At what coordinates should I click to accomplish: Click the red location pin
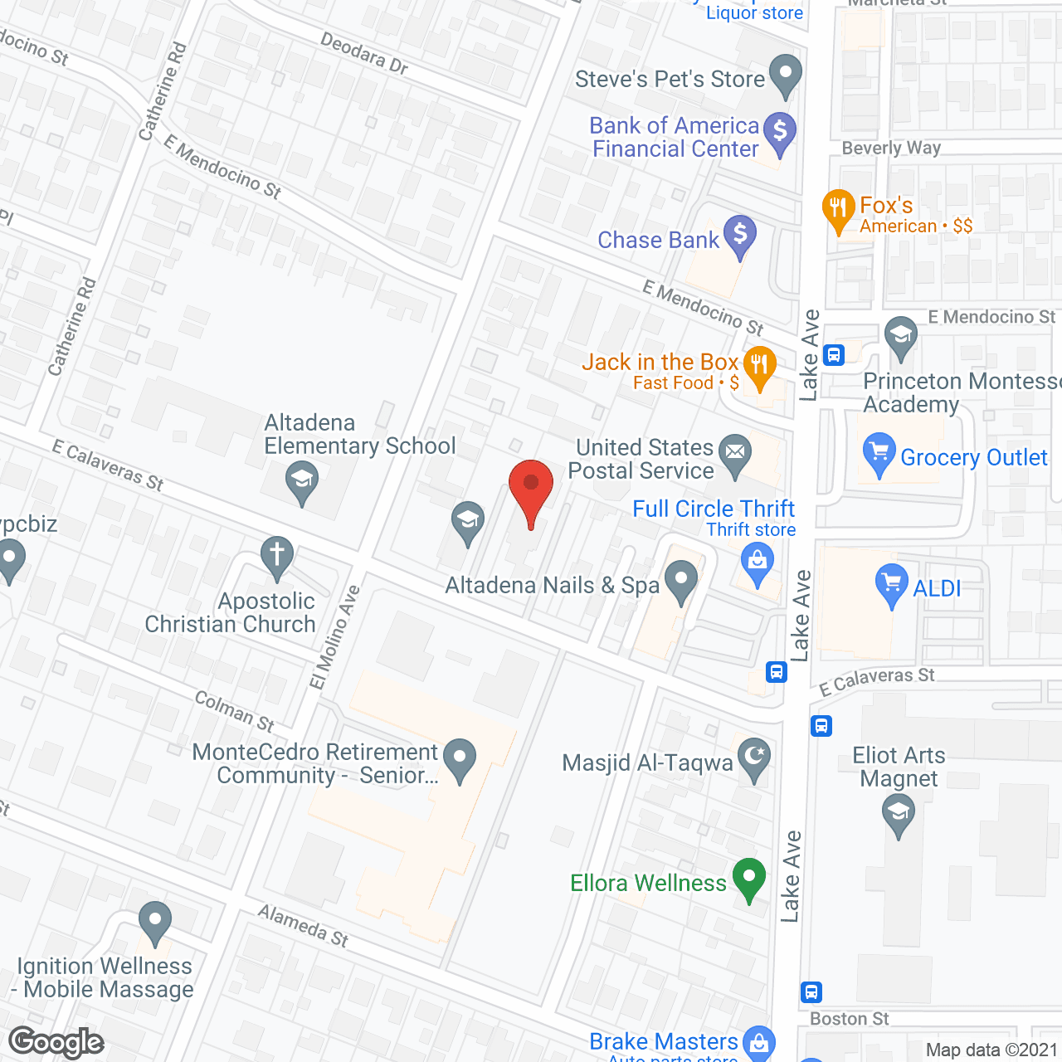coord(530,485)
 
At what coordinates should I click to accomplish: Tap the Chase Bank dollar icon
coord(739,234)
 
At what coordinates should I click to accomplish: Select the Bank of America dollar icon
coord(779,131)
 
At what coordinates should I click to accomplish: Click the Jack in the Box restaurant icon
coord(759,365)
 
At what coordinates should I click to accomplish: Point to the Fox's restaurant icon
coord(838,207)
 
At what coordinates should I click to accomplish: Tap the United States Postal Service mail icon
coord(734,453)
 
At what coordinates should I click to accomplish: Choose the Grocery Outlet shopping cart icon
coord(878,453)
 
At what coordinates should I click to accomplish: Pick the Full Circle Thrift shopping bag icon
coord(757,560)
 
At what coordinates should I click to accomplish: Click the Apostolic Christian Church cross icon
coord(277,555)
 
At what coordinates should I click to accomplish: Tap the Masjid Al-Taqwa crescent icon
coord(754,757)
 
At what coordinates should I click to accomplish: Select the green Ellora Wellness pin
coord(749,877)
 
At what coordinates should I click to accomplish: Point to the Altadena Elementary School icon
coord(301,480)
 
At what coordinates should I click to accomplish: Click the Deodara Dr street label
coord(364,53)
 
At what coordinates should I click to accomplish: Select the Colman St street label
coord(235,711)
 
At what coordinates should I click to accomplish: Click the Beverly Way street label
coord(891,148)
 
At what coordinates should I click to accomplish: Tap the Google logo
coord(56,1042)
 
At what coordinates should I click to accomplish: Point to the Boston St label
coord(849,1018)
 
